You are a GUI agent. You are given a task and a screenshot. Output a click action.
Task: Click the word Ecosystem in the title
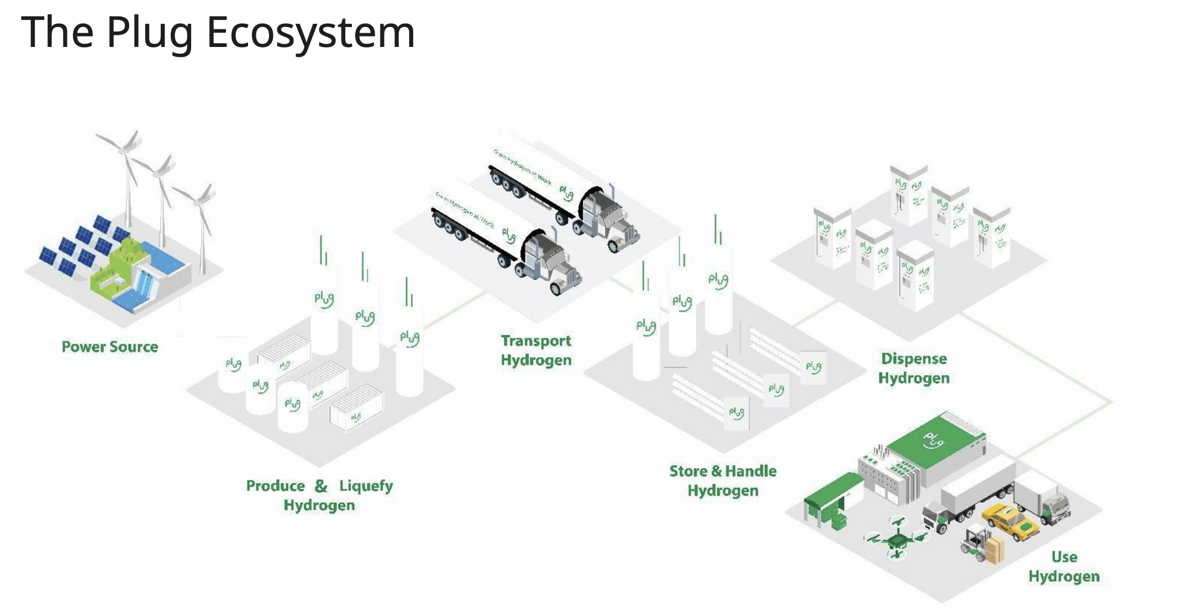click(310, 32)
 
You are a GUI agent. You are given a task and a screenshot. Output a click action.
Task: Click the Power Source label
click(110, 347)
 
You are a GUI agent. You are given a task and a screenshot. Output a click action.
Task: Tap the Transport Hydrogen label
click(536, 350)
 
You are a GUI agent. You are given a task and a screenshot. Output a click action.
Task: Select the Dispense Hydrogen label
click(914, 368)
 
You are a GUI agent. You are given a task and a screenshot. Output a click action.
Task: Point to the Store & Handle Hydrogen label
click(723, 481)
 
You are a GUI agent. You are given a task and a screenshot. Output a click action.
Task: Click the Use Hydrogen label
click(1063, 566)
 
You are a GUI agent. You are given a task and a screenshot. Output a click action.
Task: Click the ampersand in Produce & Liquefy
click(321, 486)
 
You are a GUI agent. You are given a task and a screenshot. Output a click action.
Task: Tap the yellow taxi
click(1009, 521)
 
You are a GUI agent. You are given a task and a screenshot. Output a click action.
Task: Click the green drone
click(897, 537)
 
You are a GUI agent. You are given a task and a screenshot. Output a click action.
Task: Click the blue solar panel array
click(83, 246)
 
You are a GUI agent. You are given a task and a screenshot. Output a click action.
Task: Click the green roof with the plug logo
click(934, 442)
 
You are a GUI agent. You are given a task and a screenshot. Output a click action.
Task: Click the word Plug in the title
click(149, 32)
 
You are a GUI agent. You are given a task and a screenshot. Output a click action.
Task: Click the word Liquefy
click(366, 486)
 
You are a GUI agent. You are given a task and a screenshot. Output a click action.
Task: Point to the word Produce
click(275, 486)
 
